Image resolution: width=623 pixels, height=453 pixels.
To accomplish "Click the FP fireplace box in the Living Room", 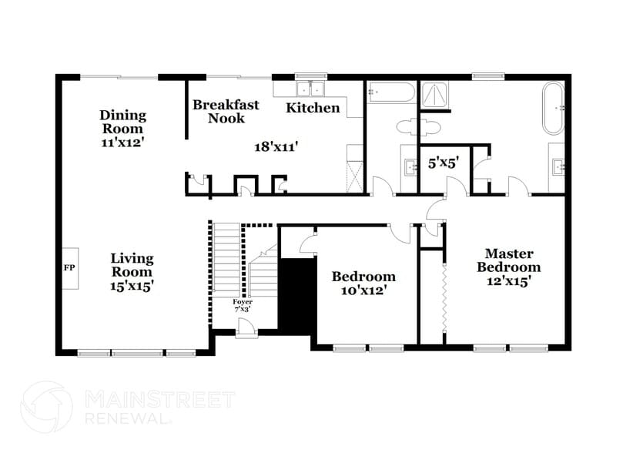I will (68, 268).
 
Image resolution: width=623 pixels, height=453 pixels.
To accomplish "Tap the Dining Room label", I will (122, 122).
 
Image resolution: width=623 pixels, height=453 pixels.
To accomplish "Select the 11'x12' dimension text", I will (122, 143).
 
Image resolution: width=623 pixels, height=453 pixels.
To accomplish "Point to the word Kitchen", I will (313, 108).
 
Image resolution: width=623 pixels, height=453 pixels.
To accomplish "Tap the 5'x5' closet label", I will (444, 163).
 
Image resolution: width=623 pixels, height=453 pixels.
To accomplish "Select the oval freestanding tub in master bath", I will (554, 109).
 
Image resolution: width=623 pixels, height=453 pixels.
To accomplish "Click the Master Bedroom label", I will (507, 260).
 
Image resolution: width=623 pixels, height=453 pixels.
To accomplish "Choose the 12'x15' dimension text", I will (507, 281).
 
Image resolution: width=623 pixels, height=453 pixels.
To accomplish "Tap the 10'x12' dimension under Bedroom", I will (363, 290).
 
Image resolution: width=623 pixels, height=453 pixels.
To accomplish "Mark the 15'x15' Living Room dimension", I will (132, 285).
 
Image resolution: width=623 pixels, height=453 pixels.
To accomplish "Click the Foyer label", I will (243, 302).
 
